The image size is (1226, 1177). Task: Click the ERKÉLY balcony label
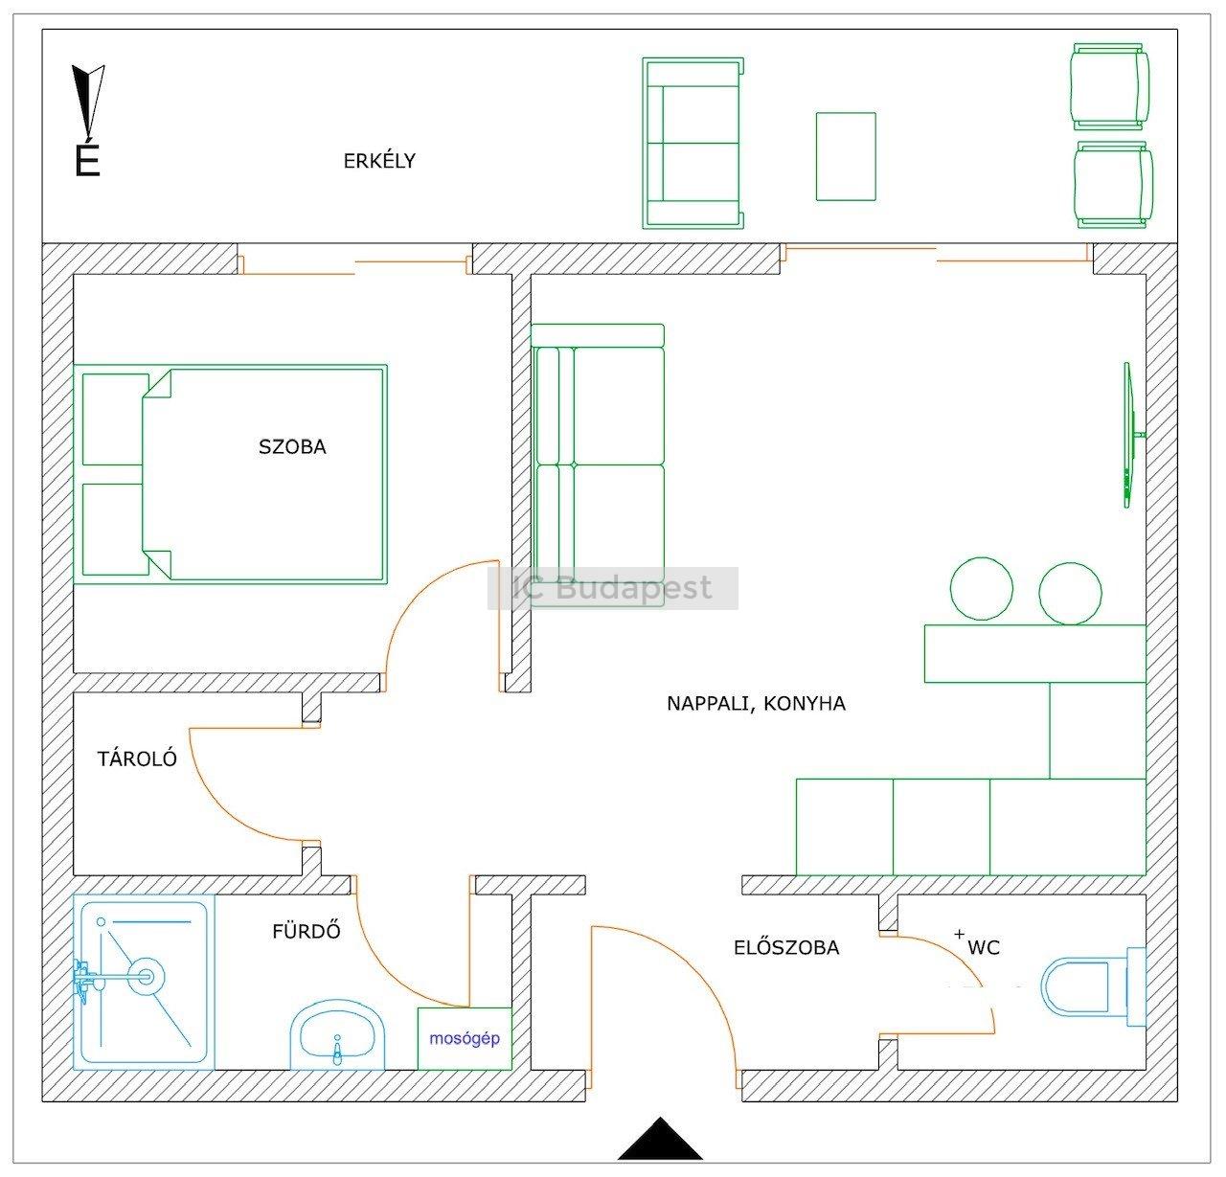379,161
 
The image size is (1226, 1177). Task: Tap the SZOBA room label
292,446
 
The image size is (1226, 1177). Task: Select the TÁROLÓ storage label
137,758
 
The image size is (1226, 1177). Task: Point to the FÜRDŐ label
306,930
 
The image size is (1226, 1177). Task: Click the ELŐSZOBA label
786,947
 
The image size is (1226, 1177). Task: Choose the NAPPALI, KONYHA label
756,703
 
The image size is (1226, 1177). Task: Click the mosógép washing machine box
465,1038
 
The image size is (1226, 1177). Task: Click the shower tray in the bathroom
144,982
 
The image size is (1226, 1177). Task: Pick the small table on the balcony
846,156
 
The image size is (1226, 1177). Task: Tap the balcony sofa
692,143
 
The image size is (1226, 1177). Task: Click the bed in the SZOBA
230,474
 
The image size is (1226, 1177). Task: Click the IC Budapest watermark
612,588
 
